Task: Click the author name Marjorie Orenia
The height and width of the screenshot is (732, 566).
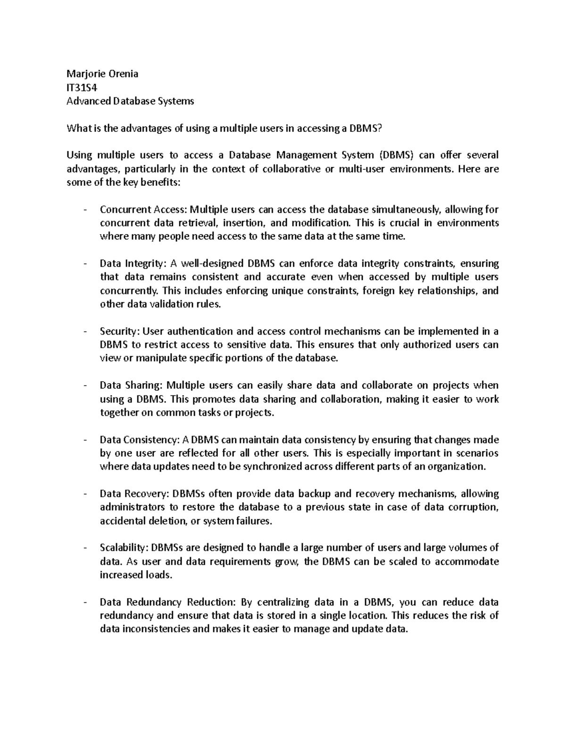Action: coord(102,74)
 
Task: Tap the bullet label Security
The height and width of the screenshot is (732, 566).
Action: coord(119,331)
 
